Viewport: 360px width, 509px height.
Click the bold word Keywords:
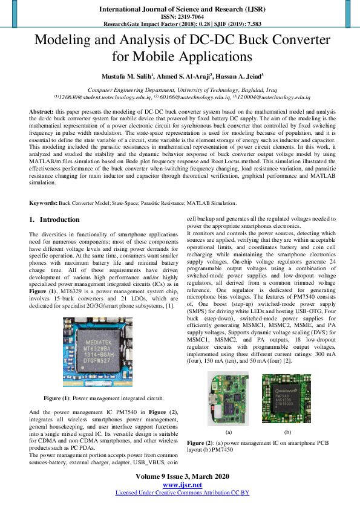(43, 203)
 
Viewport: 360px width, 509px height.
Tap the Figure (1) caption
(103, 398)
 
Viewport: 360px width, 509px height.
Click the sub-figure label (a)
(228, 432)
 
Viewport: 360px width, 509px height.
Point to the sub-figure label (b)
(287, 432)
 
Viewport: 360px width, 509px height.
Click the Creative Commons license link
(182, 493)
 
